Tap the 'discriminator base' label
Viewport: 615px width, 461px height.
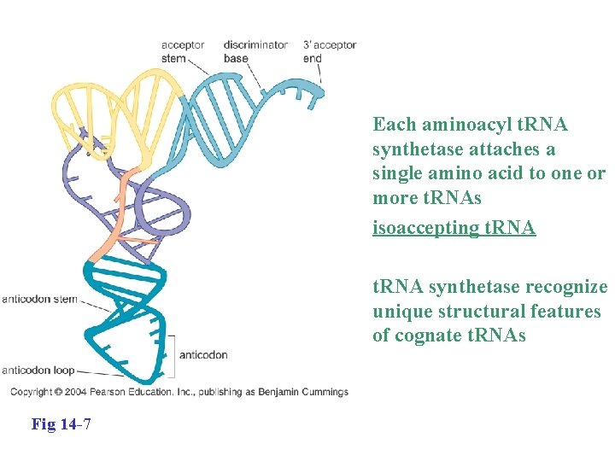tap(255, 51)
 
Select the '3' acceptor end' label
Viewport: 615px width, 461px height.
tap(329, 51)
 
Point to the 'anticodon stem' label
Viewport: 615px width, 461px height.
tap(40, 299)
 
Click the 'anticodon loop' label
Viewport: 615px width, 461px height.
tap(38, 370)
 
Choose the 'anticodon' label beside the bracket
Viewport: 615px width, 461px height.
tap(203, 354)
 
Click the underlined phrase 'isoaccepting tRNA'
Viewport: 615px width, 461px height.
tap(454, 228)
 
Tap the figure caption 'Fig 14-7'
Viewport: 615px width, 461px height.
tap(61, 423)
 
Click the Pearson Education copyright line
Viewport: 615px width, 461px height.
tap(179, 392)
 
